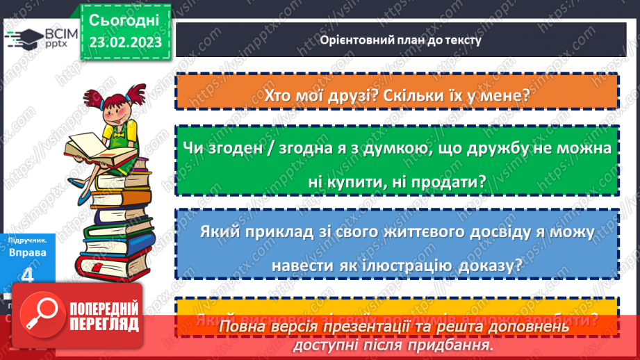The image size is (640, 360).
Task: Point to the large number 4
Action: [x=28, y=275]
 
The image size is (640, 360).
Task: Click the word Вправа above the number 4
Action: [x=28, y=252]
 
